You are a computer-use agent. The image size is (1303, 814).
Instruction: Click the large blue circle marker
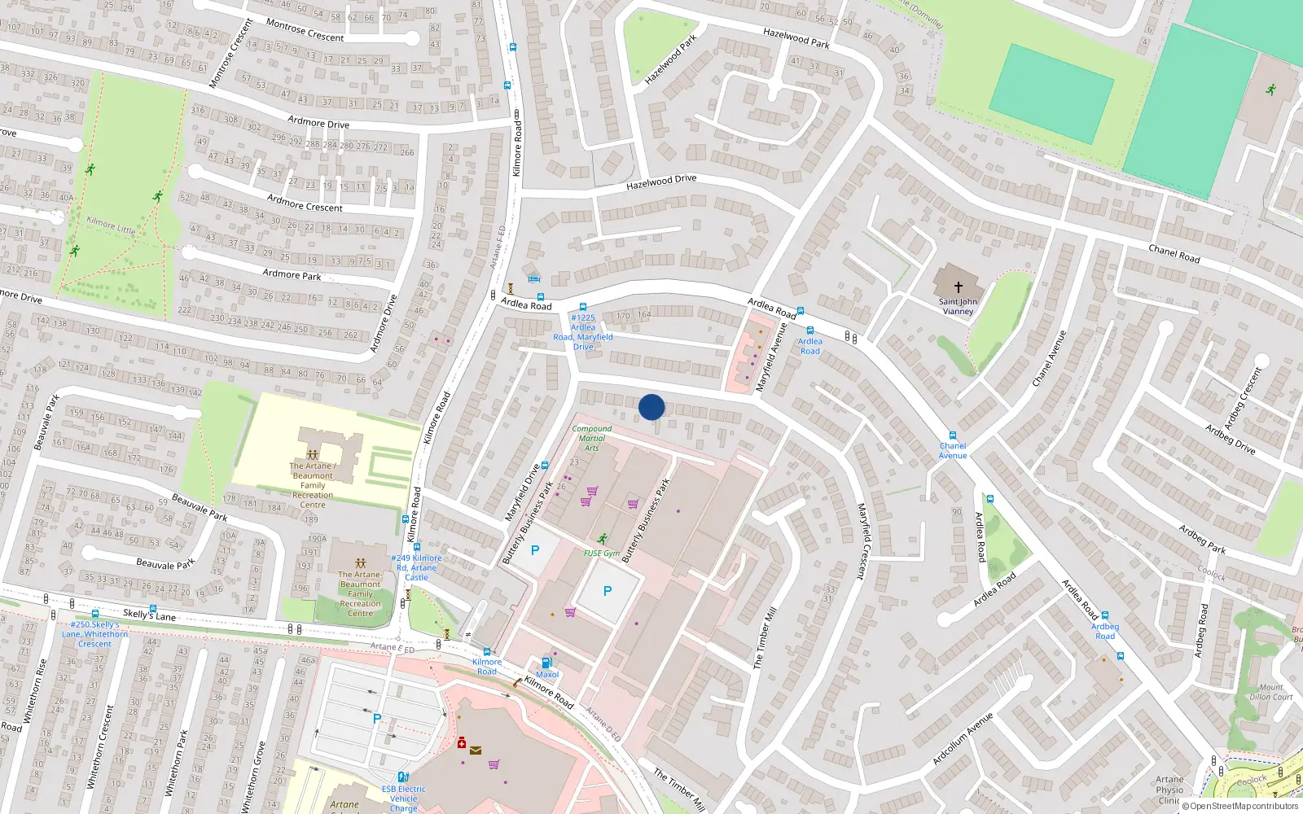(x=651, y=407)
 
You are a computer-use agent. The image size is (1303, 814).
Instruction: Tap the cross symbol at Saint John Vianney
(x=959, y=287)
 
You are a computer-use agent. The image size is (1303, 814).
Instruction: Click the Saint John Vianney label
(x=958, y=306)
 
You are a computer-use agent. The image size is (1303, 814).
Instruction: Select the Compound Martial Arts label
(x=592, y=438)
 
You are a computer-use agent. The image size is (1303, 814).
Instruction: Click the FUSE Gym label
(x=602, y=554)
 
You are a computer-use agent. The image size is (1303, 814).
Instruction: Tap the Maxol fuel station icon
(x=546, y=663)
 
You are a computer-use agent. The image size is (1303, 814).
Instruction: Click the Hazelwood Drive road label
(x=660, y=182)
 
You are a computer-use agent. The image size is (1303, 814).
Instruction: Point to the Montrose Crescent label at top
(x=305, y=31)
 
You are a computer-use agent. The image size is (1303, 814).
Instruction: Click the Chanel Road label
(x=1174, y=253)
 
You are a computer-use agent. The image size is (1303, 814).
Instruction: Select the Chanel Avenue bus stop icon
(x=952, y=435)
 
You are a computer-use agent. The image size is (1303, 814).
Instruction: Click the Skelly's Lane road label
(x=149, y=615)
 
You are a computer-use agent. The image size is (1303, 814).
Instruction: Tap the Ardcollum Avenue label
(x=963, y=738)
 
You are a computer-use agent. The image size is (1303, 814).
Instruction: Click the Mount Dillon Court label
(x=1270, y=692)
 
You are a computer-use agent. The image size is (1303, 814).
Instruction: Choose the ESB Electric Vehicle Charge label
(x=403, y=798)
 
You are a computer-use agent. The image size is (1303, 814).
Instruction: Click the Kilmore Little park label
(x=111, y=225)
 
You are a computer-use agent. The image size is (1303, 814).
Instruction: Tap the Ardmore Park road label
(x=292, y=275)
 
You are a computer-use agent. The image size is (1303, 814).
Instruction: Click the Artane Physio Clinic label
(x=1169, y=789)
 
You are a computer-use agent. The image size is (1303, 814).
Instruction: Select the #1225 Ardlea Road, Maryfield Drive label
(x=583, y=332)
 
